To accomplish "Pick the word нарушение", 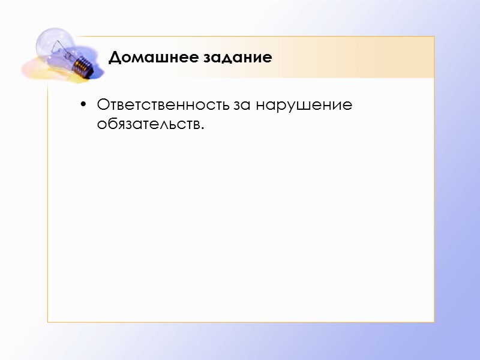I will [x=304, y=106].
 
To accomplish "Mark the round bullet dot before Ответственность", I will [x=83, y=106].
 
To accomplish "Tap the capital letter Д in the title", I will [x=115, y=58].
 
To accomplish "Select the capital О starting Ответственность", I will [x=102, y=105].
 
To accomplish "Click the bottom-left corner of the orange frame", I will [x=48, y=322].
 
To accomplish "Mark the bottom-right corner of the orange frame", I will [x=434, y=322].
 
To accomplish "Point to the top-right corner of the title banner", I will [x=434, y=37].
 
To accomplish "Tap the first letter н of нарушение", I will [x=260, y=106].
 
